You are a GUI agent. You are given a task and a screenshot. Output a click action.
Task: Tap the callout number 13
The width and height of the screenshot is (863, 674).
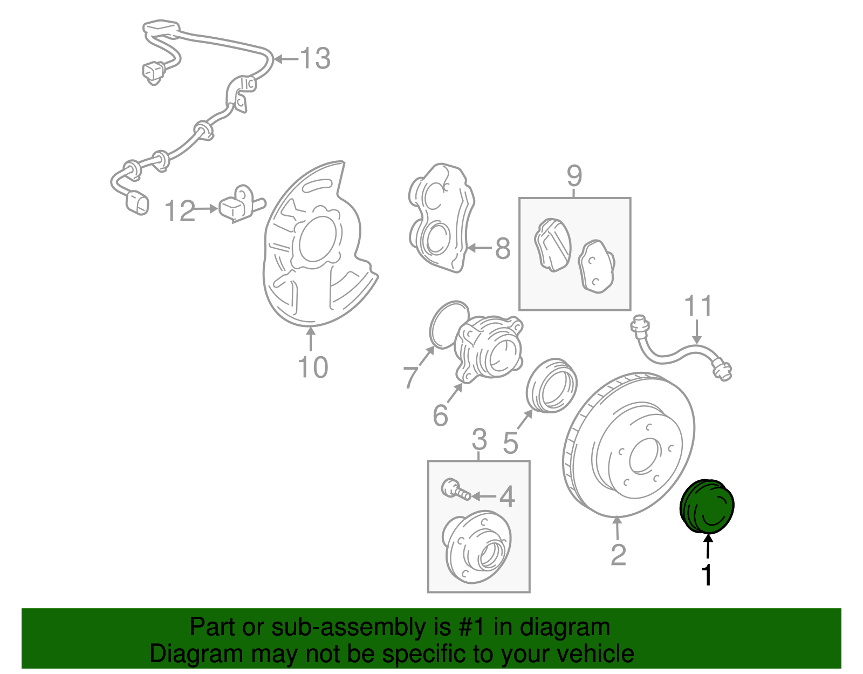pos(315,58)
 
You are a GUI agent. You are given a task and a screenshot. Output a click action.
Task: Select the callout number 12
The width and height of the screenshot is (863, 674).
pos(180,211)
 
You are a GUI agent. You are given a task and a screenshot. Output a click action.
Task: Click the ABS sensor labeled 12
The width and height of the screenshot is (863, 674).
pos(237,205)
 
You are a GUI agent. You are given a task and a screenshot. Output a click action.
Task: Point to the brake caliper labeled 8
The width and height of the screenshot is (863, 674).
pos(440,216)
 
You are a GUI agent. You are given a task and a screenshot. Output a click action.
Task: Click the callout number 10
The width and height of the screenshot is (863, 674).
pos(313,367)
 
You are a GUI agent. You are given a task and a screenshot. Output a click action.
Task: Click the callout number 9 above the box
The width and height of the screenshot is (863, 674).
pos(574,175)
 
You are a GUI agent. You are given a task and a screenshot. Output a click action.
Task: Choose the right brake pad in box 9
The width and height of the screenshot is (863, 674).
pos(596,266)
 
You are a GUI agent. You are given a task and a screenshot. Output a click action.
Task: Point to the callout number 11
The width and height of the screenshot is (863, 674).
pos(698,306)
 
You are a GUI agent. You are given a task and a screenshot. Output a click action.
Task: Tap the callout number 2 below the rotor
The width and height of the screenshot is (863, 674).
pos(618,555)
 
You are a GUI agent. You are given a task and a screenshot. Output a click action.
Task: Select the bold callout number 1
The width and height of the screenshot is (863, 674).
pos(707,575)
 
